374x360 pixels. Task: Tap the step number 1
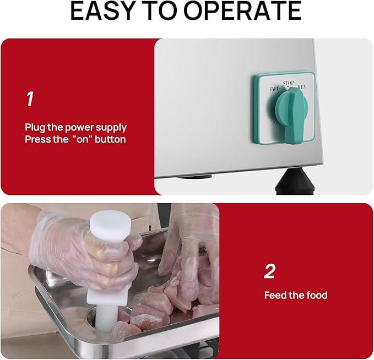click(30, 99)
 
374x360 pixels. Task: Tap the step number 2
click(269, 271)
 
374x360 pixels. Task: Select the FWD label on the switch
click(274, 89)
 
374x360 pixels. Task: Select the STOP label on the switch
click(289, 84)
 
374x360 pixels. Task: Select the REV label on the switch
click(302, 88)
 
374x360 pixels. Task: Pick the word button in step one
click(110, 139)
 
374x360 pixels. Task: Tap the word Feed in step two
click(275, 296)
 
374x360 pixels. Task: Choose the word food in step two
click(316, 296)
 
